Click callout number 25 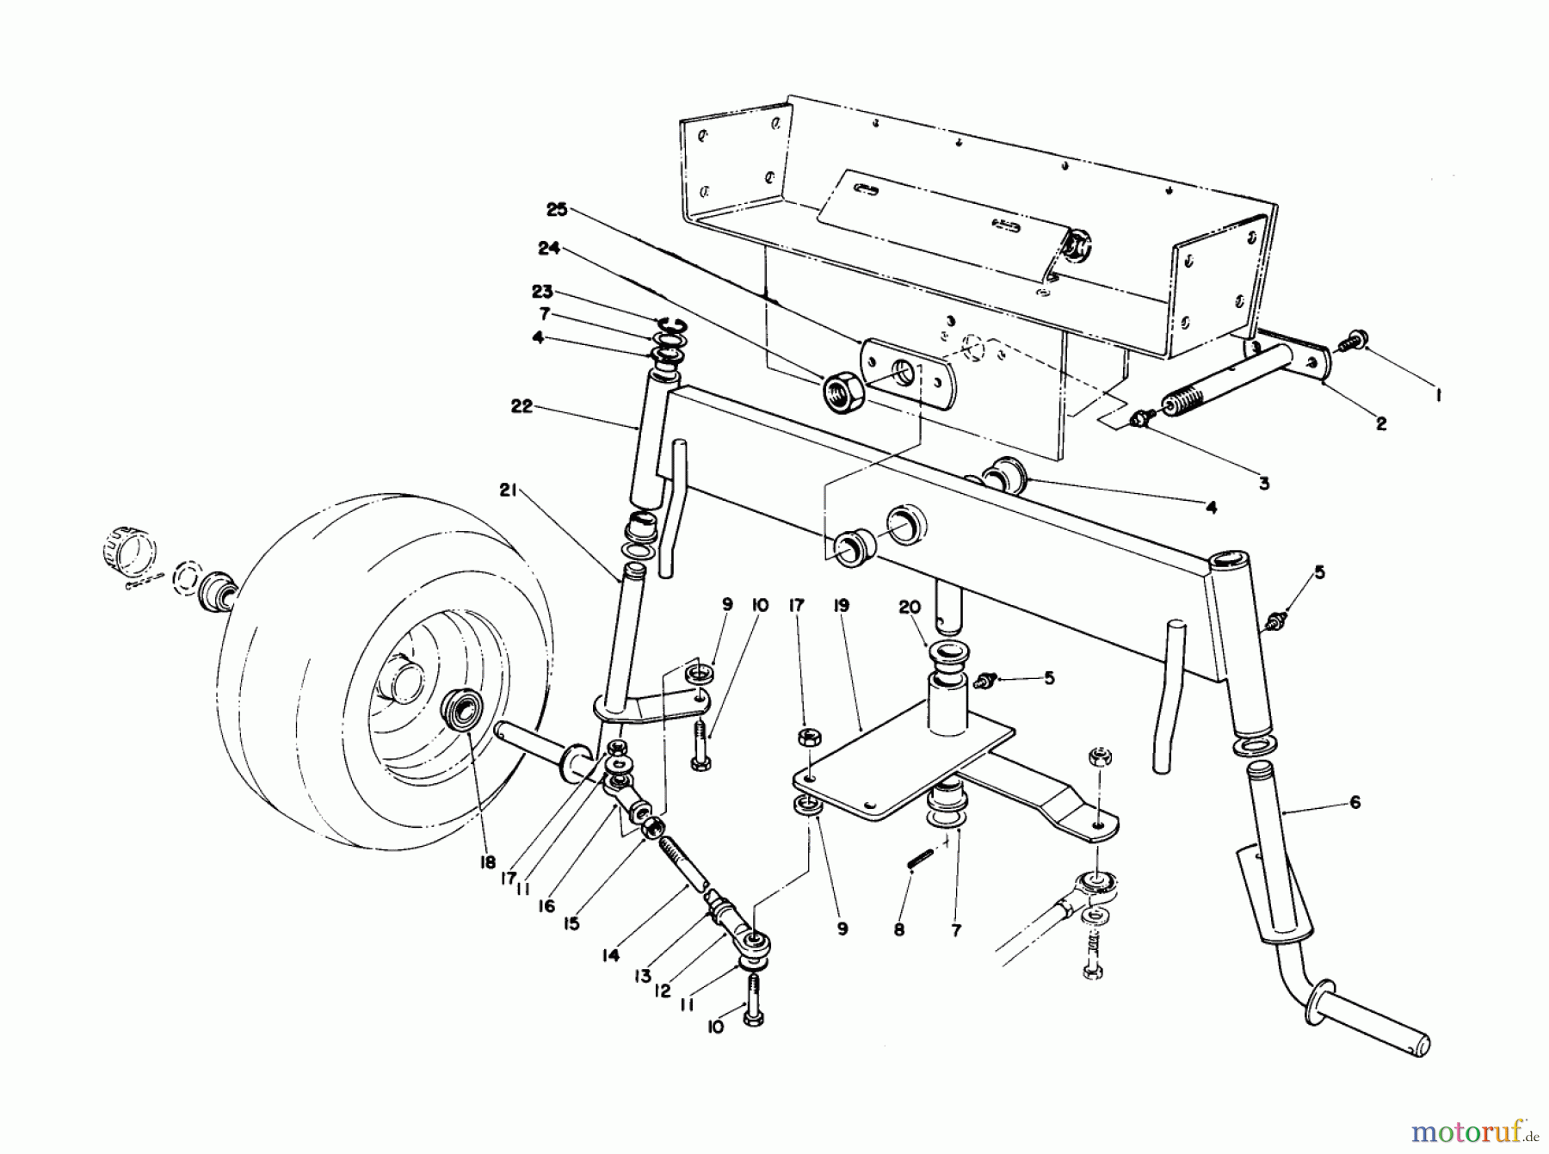(x=557, y=210)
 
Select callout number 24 (x=549, y=249)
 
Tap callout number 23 (x=542, y=292)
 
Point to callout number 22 (x=522, y=407)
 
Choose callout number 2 (x=1380, y=423)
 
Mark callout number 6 (x=1355, y=803)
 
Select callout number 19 (x=841, y=606)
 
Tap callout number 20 (x=910, y=607)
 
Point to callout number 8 (x=899, y=929)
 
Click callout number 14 (x=611, y=955)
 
